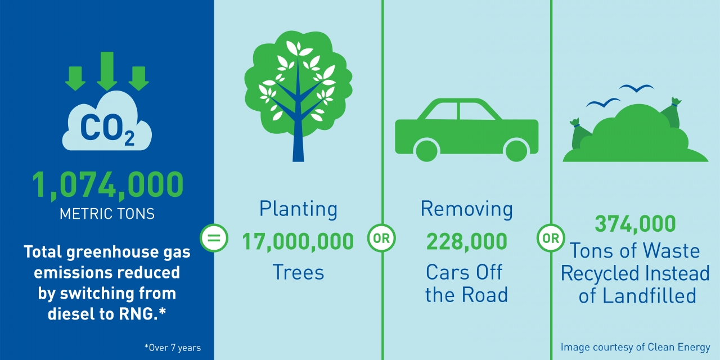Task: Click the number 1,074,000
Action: pos(107,185)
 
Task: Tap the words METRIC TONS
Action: pos(107,214)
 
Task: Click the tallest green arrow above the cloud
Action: pos(107,71)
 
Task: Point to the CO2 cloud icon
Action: pos(107,121)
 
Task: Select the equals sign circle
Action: pos(214,238)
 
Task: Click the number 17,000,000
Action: pos(298,242)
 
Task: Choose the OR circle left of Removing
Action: pos(381,238)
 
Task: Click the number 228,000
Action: pos(467,242)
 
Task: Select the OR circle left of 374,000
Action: pos(551,238)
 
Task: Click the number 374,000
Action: pos(635,224)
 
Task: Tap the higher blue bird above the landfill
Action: pos(636,88)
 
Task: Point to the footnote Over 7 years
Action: pos(173,348)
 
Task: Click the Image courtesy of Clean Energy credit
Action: pos(636,348)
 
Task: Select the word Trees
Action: pos(298,273)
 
